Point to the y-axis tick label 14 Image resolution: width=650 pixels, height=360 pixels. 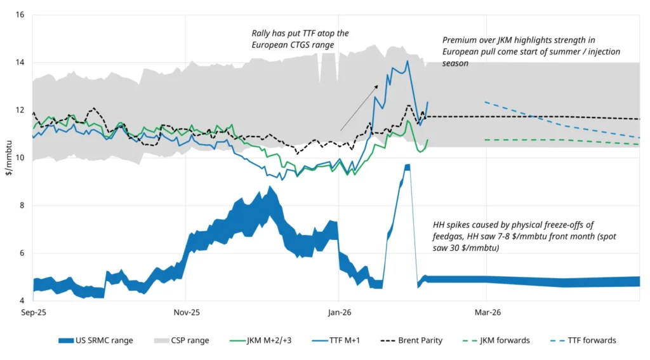coord(20,62)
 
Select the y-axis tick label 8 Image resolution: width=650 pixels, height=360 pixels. coord(22,205)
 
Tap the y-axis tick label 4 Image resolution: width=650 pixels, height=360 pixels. coord(22,300)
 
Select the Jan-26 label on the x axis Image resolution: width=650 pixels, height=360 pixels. coord(339,312)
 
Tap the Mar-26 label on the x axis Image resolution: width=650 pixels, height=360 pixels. coord(487,312)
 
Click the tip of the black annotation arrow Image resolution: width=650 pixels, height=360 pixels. coord(378,85)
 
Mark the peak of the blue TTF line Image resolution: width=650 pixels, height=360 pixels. coord(407,61)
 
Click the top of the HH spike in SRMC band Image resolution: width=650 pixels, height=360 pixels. coord(407,165)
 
